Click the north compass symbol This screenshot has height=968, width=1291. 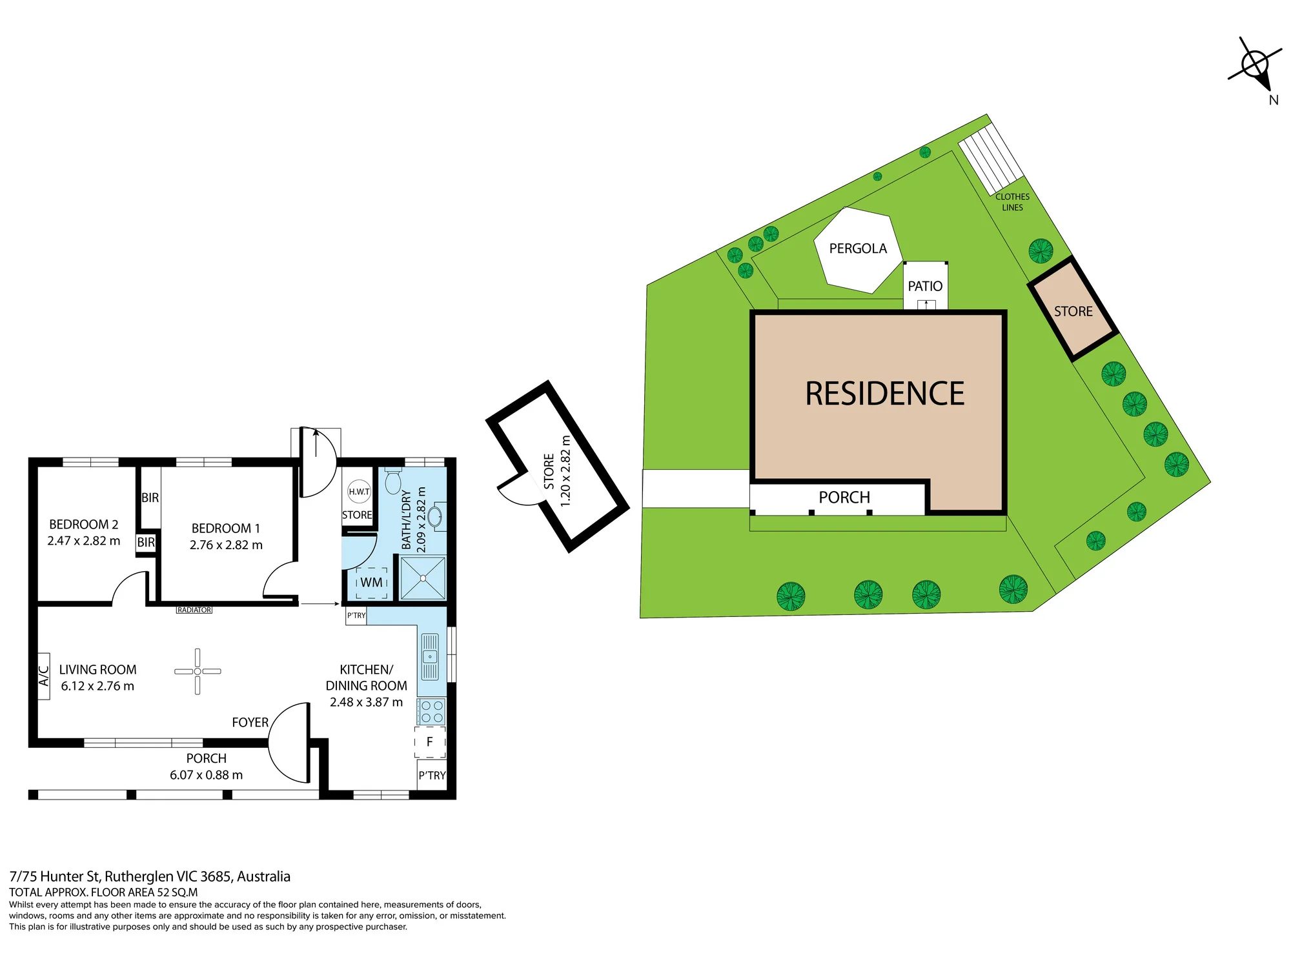[1255, 65]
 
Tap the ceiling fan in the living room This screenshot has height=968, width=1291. [198, 671]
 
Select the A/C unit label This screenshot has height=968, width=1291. [44, 676]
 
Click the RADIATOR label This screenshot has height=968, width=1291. [194, 610]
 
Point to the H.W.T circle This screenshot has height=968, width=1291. [359, 492]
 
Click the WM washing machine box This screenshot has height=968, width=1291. [372, 582]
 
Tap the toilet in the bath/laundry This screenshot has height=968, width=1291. [393, 481]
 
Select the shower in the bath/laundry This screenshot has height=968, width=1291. [423, 578]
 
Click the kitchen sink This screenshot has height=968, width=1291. [430, 657]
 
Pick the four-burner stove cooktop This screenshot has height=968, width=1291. [432, 711]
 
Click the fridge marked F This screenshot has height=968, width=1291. [430, 742]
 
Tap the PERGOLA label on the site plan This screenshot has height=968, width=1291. [858, 248]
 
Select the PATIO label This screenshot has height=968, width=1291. [925, 286]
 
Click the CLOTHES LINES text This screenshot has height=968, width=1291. [1012, 202]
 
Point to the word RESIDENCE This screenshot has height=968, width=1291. [885, 394]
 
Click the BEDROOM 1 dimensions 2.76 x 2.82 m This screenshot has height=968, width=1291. [226, 545]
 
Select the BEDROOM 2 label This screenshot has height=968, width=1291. [84, 524]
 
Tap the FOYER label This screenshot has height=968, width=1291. [250, 722]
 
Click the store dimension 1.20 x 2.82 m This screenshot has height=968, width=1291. [565, 471]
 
